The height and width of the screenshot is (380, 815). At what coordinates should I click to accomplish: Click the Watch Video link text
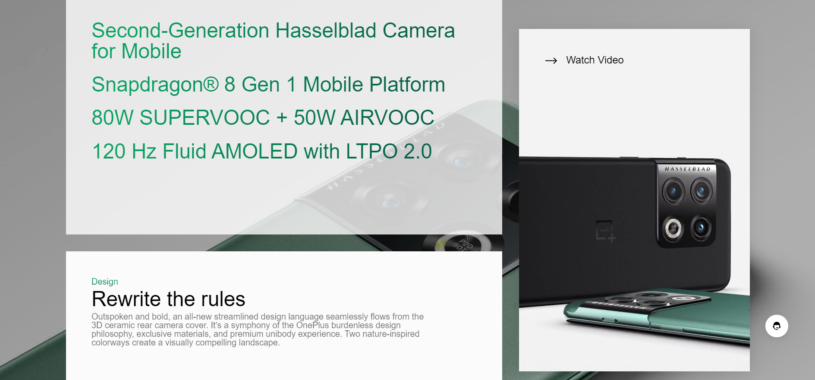[x=595, y=60]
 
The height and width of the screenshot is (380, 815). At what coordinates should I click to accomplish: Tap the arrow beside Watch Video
[x=551, y=60]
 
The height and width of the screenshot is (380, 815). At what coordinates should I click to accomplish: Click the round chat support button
[x=777, y=326]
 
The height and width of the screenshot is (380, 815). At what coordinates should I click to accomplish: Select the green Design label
[x=105, y=282]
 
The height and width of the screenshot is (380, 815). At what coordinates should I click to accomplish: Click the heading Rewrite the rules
[x=168, y=299]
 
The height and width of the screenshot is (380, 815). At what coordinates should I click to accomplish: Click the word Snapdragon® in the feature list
[x=155, y=85]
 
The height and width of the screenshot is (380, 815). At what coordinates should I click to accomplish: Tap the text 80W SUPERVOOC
[x=181, y=117]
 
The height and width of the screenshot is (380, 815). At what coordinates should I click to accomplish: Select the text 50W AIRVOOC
[x=364, y=117]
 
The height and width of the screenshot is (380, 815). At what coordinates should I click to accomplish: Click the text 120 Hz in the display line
[x=124, y=151]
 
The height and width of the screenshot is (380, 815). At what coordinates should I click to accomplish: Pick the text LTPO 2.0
[x=389, y=151]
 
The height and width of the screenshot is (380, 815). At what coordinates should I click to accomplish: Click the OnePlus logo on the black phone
[x=605, y=231]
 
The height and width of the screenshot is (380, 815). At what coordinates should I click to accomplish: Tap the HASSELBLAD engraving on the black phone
[x=687, y=169]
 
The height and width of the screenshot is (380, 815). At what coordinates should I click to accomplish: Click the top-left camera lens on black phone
[x=673, y=191]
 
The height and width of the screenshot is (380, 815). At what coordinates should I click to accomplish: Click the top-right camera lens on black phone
[x=702, y=190]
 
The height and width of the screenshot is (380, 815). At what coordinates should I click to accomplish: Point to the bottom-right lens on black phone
[x=701, y=227]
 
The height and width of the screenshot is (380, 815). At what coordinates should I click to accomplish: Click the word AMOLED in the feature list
[x=255, y=151]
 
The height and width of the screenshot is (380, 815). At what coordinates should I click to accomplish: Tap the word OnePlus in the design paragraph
[x=313, y=325]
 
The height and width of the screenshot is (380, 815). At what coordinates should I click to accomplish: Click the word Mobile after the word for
[x=151, y=51]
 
